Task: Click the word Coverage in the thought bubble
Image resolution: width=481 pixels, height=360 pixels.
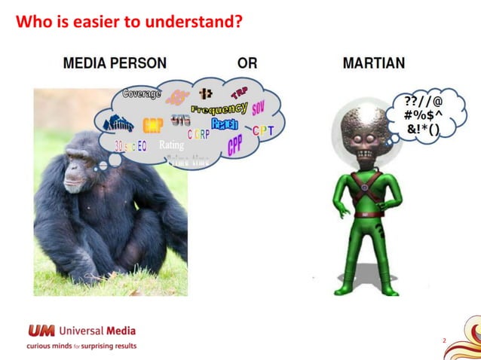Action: (142, 94)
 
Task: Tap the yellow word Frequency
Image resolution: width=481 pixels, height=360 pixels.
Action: (219, 109)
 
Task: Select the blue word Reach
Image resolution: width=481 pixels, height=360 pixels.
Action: (225, 124)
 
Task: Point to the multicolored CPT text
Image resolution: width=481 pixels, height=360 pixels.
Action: (263, 131)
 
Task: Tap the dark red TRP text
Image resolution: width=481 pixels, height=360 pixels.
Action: (240, 93)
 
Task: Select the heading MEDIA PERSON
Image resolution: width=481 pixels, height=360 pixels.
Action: (115, 63)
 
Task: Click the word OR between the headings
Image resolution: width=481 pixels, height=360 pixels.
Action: (247, 63)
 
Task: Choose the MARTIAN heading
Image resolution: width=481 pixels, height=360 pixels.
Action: (375, 63)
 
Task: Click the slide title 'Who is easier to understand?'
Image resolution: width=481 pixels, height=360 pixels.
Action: (129, 22)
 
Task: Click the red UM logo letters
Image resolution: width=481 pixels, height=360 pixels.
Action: (41, 331)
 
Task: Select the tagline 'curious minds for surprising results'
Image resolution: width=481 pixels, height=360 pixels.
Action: (81, 346)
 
